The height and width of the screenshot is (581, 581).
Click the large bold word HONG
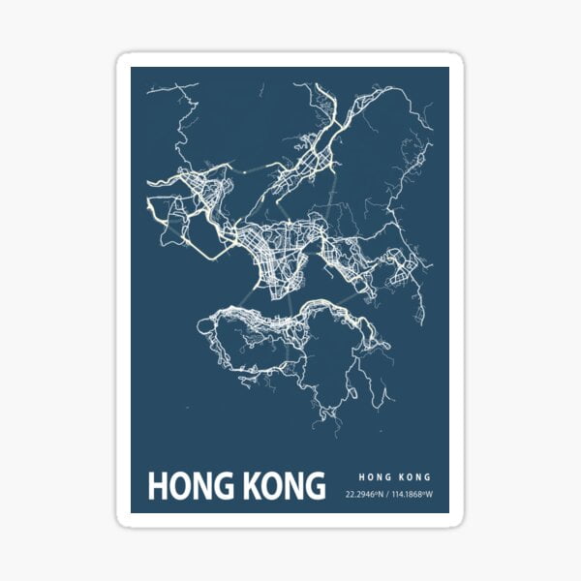coord(188,486)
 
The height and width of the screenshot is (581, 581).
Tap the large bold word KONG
coord(279,486)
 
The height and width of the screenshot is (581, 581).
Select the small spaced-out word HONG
coord(374,476)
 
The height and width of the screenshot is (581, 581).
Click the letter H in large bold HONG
coord(157,486)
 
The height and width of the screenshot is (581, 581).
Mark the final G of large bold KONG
coord(315,486)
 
